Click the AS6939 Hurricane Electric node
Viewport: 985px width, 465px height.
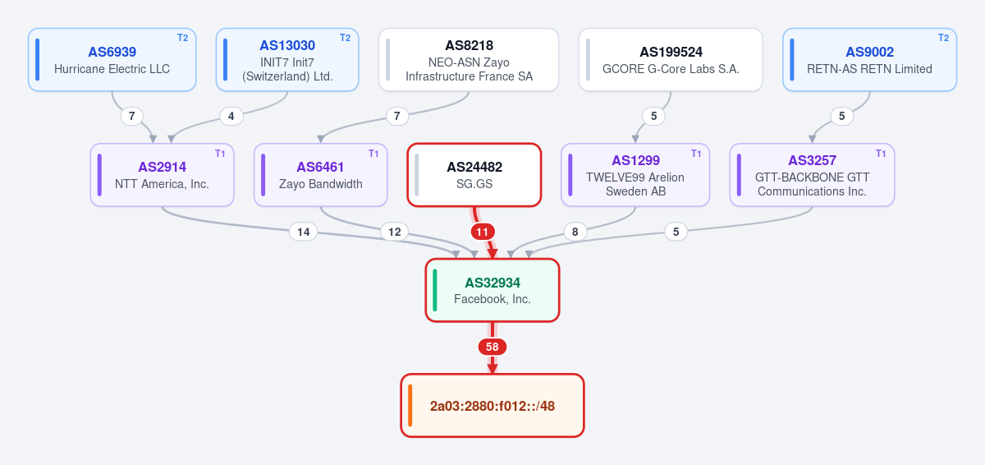pyautogui.click(x=112, y=60)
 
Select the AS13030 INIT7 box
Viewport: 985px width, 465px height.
pyautogui.click(x=287, y=60)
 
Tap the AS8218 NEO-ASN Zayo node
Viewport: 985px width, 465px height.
pyautogui.click(x=469, y=60)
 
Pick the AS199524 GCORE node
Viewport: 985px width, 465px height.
pyautogui.click(x=671, y=60)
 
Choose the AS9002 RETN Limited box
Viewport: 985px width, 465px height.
pyautogui.click(x=869, y=60)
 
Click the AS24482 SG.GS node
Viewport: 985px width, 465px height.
pyautogui.click(x=474, y=175)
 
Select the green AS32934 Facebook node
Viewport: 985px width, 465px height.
pyautogui.click(x=492, y=290)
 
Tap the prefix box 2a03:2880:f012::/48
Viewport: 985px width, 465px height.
pyautogui.click(x=492, y=406)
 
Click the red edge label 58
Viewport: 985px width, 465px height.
pyautogui.click(x=492, y=347)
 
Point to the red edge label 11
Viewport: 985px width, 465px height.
pyautogui.click(x=483, y=232)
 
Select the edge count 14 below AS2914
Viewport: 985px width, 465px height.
pyautogui.click(x=304, y=232)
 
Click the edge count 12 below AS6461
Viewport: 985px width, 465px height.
pyautogui.click(x=395, y=232)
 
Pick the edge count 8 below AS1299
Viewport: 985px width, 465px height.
pyautogui.click(x=575, y=232)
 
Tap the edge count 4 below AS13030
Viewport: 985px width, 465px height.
pyautogui.click(x=231, y=116)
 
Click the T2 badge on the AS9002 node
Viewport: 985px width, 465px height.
pyautogui.click(x=943, y=38)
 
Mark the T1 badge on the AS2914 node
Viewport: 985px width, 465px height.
pyautogui.click(x=220, y=154)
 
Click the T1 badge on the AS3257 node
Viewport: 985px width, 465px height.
pyautogui.click(x=880, y=154)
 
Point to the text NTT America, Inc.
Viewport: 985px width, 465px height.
pyautogui.click(x=162, y=184)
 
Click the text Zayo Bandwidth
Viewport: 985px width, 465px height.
pyautogui.click(x=321, y=184)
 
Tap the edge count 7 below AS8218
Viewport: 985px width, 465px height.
pyautogui.click(x=397, y=116)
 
